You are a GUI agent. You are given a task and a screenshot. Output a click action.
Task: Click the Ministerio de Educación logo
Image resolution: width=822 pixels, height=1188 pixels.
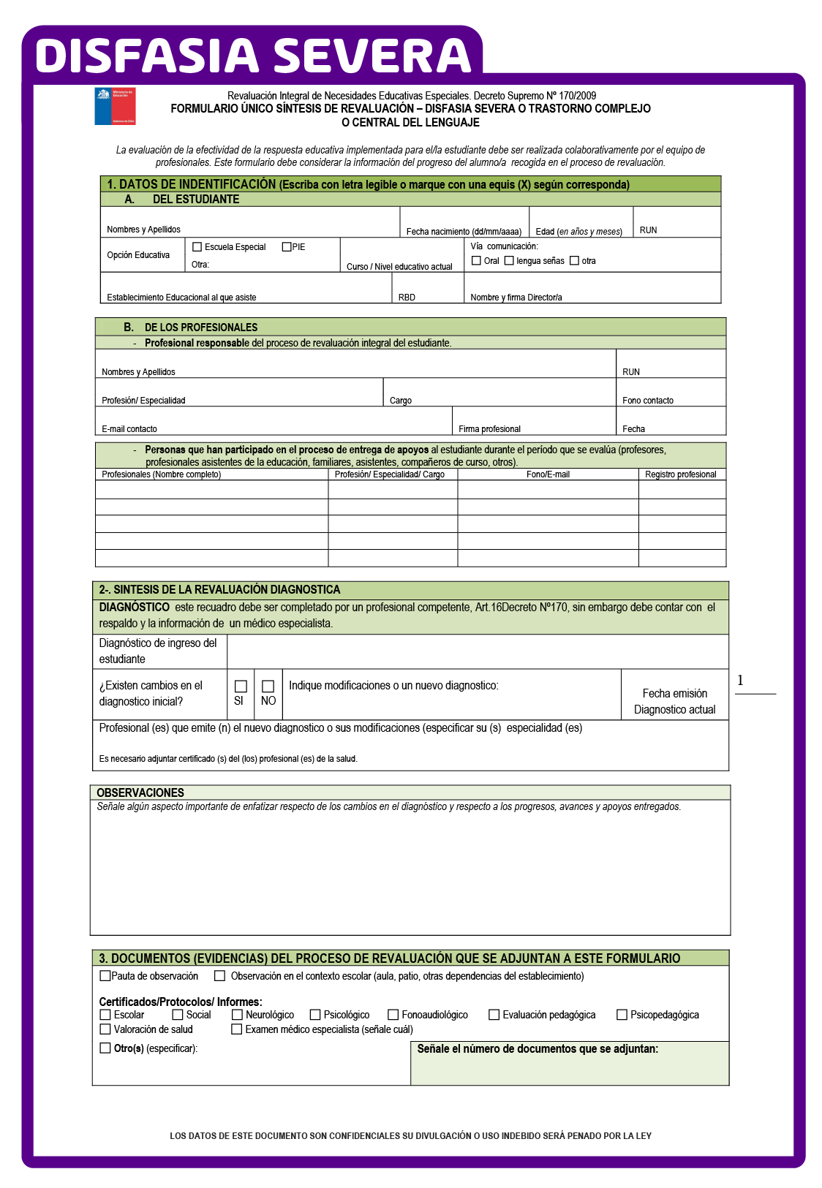click(x=115, y=106)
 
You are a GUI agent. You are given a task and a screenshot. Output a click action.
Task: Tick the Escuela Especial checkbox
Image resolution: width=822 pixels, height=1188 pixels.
click(x=197, y=247)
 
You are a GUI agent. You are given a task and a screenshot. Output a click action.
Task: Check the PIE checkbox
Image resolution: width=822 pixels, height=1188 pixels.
click(x=287, y=247)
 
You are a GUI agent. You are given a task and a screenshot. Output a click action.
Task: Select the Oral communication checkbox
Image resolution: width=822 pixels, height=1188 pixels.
click(x=477, y=261)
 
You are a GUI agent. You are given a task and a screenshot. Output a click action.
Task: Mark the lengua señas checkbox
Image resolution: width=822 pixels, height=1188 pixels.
click(x=509, y=261)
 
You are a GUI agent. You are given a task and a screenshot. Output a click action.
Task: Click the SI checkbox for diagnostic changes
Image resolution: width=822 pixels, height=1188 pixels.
click(x=241, y=686)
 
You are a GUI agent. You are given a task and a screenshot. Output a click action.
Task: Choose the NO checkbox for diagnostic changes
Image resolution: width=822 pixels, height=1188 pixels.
click(x=268, y=686)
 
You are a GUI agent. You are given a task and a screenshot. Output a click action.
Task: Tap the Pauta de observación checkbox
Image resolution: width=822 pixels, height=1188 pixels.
click(x=105, y=976)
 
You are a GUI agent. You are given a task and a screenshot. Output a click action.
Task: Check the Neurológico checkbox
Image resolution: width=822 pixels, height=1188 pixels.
click(x=237, y=1015)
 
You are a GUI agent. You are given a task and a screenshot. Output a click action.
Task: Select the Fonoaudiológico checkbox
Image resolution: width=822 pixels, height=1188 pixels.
click(x=393, y=1015)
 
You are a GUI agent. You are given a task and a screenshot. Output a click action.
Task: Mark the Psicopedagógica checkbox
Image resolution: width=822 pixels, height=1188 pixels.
click(x=622, y=1015)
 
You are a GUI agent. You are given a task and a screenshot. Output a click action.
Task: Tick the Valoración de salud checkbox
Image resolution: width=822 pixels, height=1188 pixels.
click(x=105, y=1029)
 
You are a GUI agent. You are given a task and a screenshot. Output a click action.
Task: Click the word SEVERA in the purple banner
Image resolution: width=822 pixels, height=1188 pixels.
click(x=372, y=56)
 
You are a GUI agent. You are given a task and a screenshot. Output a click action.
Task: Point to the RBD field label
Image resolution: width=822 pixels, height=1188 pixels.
click(x=407, y=298)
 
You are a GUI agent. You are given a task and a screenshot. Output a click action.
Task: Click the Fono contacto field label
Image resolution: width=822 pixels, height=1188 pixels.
click(x=648, y=401)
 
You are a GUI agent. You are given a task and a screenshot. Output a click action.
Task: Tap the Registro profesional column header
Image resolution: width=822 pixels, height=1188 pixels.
click(x=681, y=474)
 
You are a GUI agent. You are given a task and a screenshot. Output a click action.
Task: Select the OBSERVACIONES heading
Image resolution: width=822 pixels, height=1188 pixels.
click(x=140, y=792)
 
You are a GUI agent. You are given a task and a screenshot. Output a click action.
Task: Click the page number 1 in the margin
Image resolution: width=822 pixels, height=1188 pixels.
click(x=740, y=681)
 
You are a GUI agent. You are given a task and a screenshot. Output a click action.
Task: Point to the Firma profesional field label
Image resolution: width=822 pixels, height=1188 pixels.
click(x=489, y=429)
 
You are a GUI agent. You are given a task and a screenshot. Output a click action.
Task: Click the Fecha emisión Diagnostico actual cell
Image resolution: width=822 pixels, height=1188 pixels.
click(x=674, y=701)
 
